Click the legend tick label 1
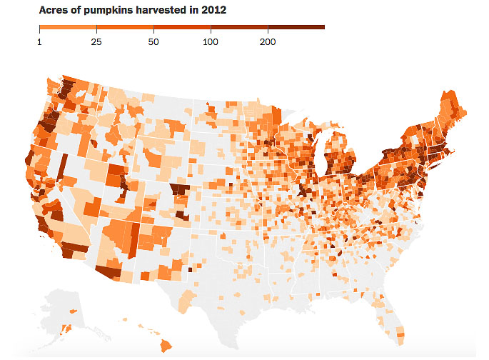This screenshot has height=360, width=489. click(39, 42)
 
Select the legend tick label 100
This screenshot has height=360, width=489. click(211, 42)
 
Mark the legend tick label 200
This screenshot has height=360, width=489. click(268, 42)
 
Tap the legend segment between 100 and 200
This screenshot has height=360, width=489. click(239, 28)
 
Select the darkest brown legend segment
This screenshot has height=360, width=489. click(296, 28)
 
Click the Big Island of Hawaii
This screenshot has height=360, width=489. click(167, 346)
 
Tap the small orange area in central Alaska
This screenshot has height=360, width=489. click(72, 313)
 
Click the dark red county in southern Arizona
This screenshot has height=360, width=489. click(109, 272)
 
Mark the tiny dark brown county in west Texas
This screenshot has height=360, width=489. click(189, 270)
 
